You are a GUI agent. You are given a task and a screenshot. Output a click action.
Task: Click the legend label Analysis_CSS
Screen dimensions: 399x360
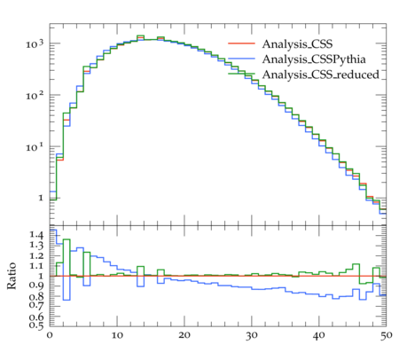click(x=297, y=44)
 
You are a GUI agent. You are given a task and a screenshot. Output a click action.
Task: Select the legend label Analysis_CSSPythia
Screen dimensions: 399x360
click(x=314, y=59)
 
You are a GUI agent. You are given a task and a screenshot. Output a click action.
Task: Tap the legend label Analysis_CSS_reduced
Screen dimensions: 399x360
click(x=321, y=74)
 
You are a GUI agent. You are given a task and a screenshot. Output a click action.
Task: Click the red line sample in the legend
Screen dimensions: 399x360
click(x=241, y=43)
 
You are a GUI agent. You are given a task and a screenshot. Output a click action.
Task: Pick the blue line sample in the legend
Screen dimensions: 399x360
click(x=241, y=59)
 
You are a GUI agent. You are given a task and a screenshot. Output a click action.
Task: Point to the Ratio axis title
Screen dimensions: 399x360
click(x=12, y=276)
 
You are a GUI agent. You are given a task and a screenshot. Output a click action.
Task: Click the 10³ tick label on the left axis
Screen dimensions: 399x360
click(x=35, y=44)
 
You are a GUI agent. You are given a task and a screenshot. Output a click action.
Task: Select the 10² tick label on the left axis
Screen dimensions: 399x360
click(x=35, y=95)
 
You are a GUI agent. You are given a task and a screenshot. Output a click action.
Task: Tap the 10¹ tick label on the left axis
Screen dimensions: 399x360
click(x=35, y=146)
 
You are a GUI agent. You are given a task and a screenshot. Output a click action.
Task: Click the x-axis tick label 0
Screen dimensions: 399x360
click(x=50, y=335)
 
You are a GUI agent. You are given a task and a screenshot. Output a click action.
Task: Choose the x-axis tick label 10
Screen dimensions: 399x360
click(x=117, y=335)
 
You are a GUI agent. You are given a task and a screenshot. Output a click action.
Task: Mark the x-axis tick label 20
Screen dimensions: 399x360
click(x=184, y=335)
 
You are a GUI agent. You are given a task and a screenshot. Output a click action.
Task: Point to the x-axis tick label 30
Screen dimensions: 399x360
click(x=252, y=335)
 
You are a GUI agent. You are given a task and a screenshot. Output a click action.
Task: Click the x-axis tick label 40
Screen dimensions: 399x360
click(x=319, y=335)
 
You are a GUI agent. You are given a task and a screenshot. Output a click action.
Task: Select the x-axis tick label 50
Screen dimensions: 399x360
click(x=386, y=335)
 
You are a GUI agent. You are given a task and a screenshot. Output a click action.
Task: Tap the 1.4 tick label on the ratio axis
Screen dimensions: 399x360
click(x=36, y=235)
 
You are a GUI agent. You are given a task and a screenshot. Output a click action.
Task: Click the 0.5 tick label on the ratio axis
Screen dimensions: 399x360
click(x=36, y=325)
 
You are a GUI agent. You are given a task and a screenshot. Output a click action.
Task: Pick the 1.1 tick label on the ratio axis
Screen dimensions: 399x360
click(x=36, y=266)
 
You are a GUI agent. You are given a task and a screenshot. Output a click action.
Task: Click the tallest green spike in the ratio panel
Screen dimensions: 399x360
click(x=66, y=239)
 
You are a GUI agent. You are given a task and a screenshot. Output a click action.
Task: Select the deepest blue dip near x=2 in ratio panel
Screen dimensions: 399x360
click(x=66, y=300)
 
